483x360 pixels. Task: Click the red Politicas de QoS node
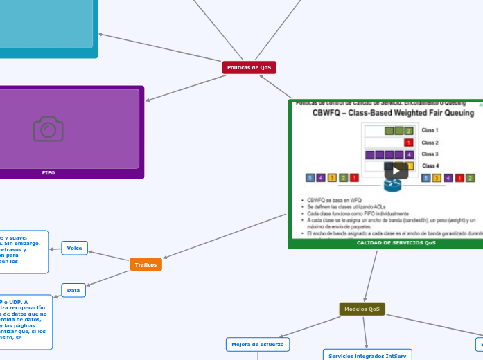(x=249, y=67)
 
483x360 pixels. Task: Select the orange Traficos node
(x=146, y=264)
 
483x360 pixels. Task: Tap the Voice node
(x=74, y=248)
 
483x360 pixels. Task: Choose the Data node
(x=73, y=290)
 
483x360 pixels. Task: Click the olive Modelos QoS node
(x=362, y=309)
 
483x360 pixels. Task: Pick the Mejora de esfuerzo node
(x=257, y=344)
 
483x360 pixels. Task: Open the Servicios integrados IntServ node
(x=367, y=355)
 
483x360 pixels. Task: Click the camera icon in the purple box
(x=49, y=129)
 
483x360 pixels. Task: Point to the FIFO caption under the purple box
(x=49, y=172)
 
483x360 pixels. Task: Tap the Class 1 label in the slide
(x=430, y=130)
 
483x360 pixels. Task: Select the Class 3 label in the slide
(x=430, y=154)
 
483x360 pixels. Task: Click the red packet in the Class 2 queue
(x=408, y=143)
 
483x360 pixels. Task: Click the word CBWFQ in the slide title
(x=331, y=112)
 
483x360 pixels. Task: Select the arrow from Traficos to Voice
(x=109, y=256)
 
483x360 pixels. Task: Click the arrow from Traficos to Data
(x=108, y=278)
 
